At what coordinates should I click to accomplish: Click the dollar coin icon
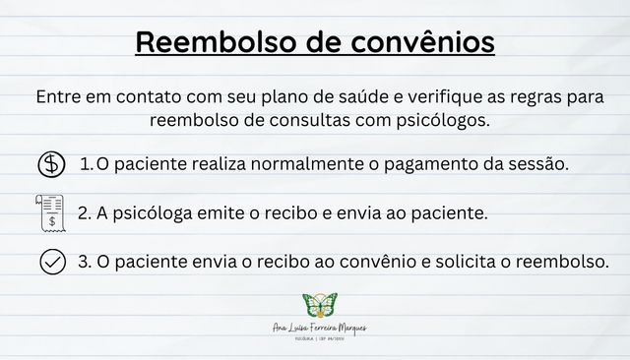(x=51, y=164)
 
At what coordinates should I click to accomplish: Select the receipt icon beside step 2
(x=50, y=212)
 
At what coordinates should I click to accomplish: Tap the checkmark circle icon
(x=51, y=263)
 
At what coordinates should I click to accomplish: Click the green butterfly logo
(x=319, y=305)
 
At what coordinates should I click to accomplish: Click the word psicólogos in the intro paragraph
(x=435, y=121)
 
